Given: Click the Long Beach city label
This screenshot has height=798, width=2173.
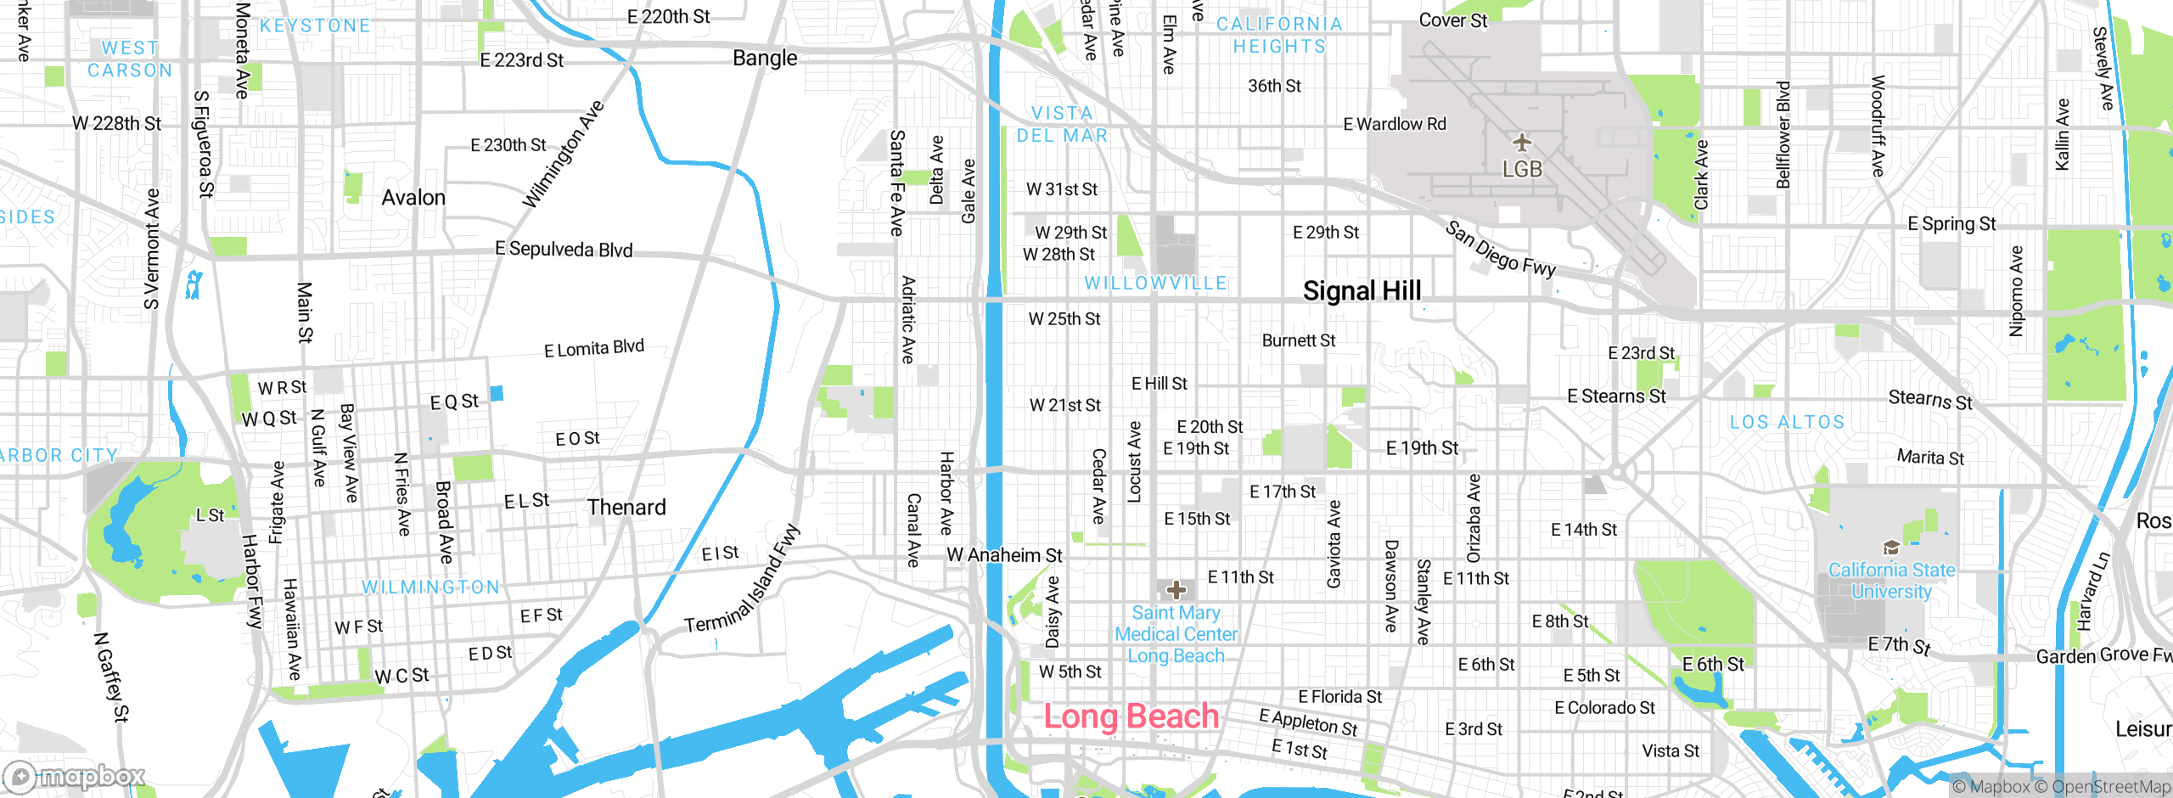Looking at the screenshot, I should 1131,717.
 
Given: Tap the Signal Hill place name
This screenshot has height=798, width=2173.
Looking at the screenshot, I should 1362,291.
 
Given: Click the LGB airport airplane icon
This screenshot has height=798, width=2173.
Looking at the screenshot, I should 1521,141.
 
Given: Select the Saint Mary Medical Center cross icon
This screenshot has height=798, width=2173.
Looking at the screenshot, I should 1176,589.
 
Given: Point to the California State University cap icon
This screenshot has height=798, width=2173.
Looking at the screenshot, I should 1890,548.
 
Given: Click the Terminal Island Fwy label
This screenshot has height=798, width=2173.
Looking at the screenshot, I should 744,580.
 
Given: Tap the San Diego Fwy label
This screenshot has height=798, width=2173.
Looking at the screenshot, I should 1500,249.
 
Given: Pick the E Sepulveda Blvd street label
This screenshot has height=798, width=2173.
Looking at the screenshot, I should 564,249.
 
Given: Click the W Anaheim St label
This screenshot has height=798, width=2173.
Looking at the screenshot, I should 1004,555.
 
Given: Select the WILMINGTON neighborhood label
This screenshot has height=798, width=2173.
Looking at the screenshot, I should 430,587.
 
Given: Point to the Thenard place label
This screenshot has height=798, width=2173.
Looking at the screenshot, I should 626,508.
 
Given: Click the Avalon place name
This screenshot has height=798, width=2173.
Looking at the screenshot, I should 413,198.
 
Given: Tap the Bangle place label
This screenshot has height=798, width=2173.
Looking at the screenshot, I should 765,59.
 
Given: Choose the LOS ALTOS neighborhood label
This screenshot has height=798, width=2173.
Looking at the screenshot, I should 1787,422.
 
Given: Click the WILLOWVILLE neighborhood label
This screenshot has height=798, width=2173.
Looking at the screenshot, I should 1155,283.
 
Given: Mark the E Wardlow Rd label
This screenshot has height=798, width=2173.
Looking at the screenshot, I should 1394,124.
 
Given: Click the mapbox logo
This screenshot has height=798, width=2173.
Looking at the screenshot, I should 75,776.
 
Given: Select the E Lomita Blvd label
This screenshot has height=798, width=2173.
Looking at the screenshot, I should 594,348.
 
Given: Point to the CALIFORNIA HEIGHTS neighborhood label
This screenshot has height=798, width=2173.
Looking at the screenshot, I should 1279,35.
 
